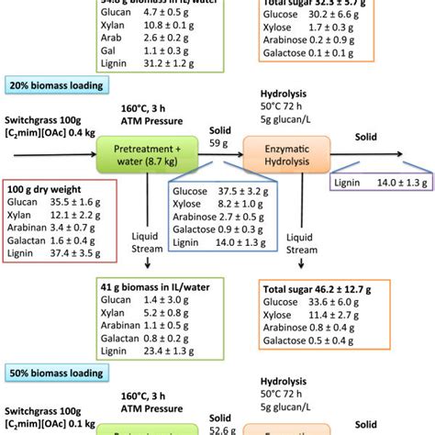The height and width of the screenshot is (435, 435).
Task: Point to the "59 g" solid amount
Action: click(x=217, y=142)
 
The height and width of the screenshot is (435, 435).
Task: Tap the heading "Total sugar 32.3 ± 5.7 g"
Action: click(x=319, y=4)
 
